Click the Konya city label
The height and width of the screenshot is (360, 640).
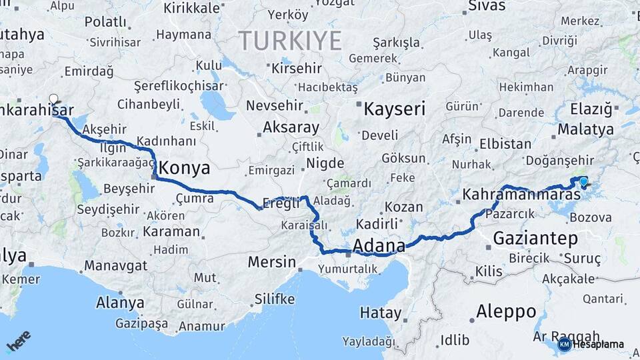coord(185,168)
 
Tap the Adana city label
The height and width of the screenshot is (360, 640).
coord(379,246)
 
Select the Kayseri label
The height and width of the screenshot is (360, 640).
coord(394,109)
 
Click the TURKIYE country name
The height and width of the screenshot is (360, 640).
coord(290,41)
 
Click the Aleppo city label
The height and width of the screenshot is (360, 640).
coord(506,311)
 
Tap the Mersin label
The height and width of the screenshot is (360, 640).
coord(271,262)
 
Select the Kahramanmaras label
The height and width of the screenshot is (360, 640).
coord(522,195)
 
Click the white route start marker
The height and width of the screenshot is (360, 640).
coord(53,99)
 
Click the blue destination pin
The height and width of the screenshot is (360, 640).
coord(584,181)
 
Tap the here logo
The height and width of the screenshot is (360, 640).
coord(19,341)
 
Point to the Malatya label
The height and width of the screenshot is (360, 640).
coord(585,129)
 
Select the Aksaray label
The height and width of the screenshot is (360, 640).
coord(291,127)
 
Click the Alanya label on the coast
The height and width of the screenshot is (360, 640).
coord(120,303)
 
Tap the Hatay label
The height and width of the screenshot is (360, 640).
coord(380,313)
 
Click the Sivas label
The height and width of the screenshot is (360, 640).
coord(487,6)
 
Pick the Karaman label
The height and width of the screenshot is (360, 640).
coord(170,231)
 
